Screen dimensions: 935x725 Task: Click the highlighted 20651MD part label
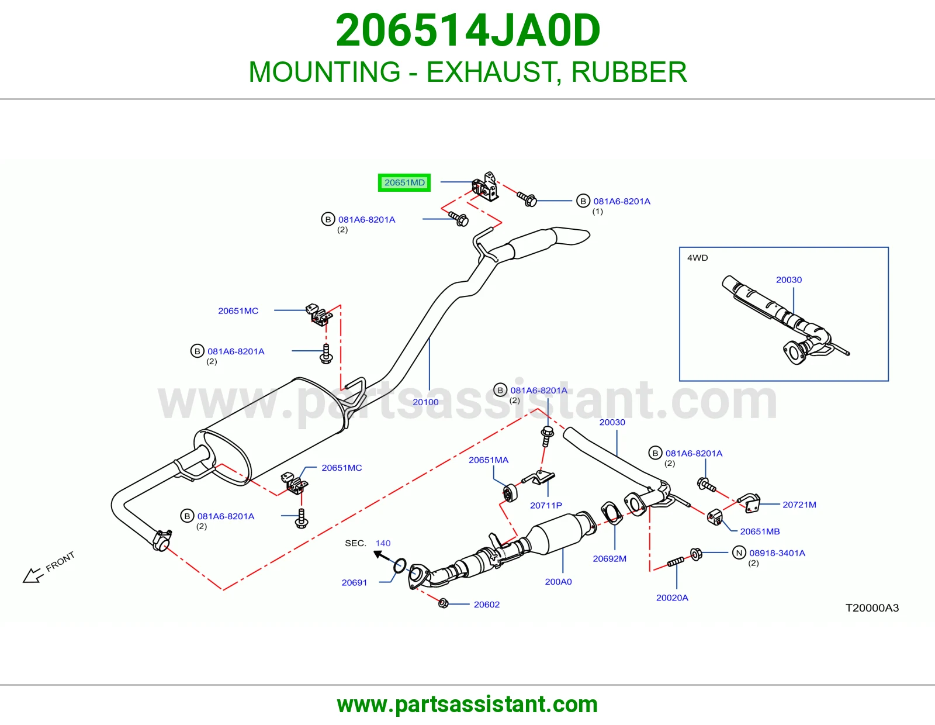coord(404,182)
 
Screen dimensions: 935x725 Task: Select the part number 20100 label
coord(425,402)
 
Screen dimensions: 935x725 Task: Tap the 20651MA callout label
coord(489,460)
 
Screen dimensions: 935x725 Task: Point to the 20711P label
coord(546,505)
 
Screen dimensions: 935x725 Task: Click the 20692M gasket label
coord(610,559)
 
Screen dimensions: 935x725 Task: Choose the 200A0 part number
coord(559,582)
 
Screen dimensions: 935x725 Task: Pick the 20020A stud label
coord(672,598)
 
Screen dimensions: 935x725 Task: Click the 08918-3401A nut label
coord(777,553)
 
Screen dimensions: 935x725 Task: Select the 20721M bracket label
coord(799,505)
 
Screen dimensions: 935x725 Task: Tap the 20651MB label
coord(760,531)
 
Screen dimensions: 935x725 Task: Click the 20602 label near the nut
coord(487,605)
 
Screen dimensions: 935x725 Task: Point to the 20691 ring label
coord(354,582)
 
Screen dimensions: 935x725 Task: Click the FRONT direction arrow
coord(32,575)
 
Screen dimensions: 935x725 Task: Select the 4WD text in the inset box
coord(698,258)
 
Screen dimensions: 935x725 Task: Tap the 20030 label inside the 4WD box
coord(789,280)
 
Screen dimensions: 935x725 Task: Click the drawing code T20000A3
coord(872,608)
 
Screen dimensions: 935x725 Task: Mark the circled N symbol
coord(739,553)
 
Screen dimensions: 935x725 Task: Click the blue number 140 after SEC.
coord(383,543)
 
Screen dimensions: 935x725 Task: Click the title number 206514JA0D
coord(467,30)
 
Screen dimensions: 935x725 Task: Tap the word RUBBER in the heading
coord(629,72)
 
